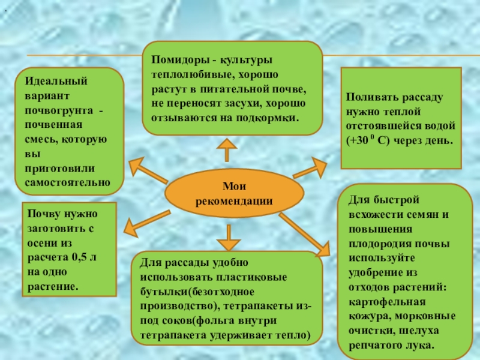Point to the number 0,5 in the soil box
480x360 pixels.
[80, 257]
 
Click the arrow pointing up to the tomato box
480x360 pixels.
[227, 149]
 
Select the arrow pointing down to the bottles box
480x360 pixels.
[227, 236]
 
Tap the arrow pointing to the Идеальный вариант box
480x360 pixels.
[145, 170]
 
